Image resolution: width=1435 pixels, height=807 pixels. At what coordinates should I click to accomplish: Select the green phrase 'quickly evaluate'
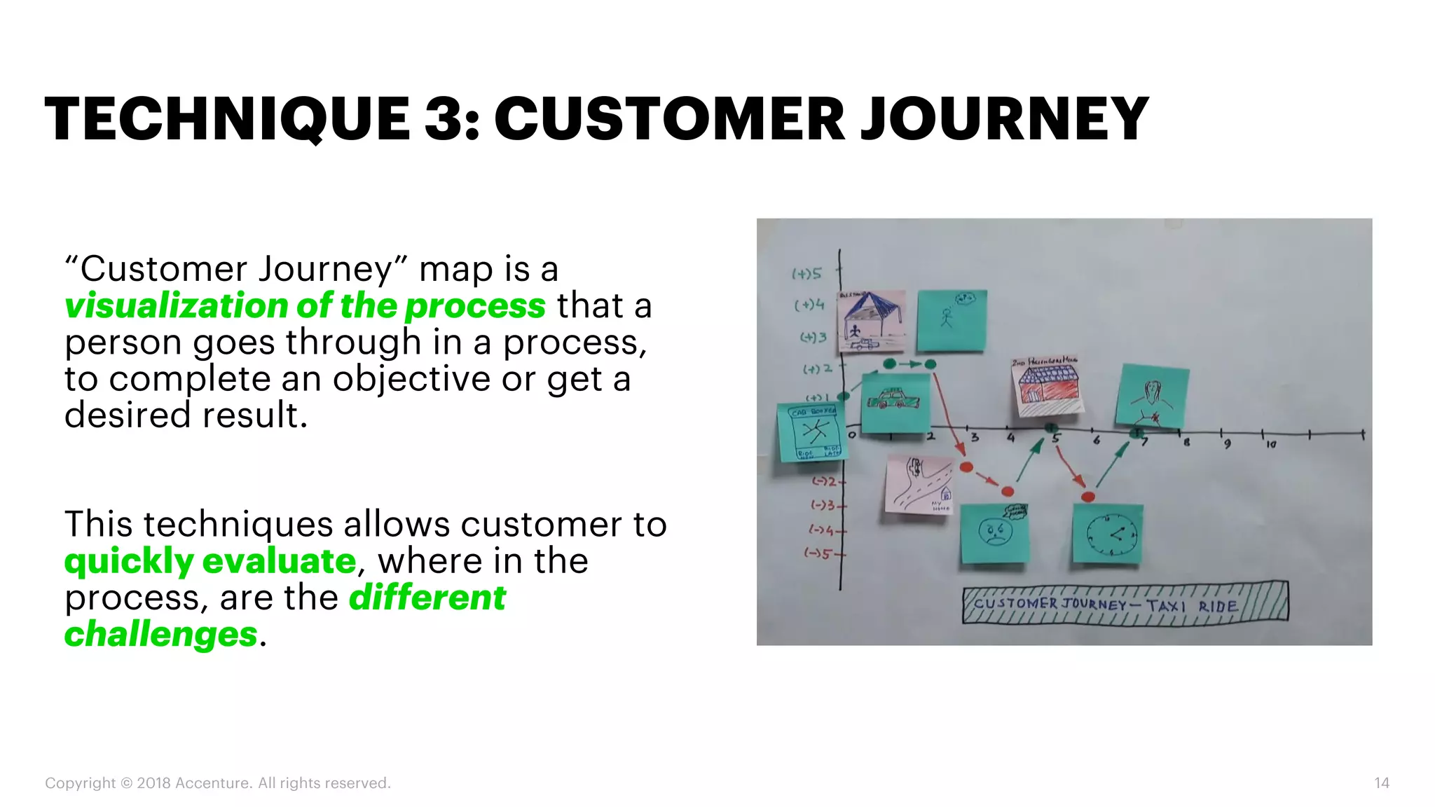click(210, 561)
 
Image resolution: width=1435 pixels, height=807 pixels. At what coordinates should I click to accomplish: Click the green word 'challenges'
click(161, 634)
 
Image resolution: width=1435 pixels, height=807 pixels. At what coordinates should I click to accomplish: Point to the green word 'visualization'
click(175, 306)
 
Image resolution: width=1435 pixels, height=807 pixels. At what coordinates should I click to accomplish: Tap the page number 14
click(1381, 783)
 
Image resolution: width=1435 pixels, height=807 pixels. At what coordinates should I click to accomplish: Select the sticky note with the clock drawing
click(1108, 534)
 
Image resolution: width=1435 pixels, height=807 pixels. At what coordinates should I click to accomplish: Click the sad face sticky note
click(994, 534)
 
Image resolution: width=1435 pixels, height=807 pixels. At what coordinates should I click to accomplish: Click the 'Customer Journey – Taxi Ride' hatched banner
click(1125, 603)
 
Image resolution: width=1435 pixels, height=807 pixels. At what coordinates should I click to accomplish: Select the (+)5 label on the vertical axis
click(806, 274)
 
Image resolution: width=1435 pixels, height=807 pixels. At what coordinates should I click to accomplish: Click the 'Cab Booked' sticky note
click(812, 432)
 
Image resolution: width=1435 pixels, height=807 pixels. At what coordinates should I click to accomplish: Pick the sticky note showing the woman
click(1152, 396)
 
